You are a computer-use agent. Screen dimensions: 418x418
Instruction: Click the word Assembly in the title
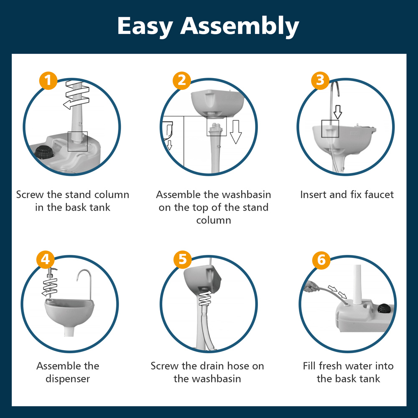(x=240, y=26)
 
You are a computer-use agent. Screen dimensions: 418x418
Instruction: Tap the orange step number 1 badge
(x=48, y=81)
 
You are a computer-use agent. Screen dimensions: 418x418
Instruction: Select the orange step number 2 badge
(x=182, y=81)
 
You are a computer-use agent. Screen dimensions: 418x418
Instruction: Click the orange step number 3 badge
(x=320, y=80)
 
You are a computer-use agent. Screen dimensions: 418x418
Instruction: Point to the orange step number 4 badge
(x=46, y=260)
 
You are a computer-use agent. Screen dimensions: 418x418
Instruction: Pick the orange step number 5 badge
(x=183, y=260)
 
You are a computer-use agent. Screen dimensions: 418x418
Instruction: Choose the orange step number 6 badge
(x=321, y=260)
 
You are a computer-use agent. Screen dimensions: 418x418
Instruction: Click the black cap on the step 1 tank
(x=44, y=152)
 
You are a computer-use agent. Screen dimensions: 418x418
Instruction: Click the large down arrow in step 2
(x=236, y=132)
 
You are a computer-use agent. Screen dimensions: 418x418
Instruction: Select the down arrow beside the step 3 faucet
(x=338, y=112)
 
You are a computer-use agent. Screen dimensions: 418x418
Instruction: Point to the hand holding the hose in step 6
(x=311, y=287)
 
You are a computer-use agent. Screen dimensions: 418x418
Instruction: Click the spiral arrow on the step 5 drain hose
(x=205, y=298)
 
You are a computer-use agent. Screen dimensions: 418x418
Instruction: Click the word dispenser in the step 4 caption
(x=68, y=379)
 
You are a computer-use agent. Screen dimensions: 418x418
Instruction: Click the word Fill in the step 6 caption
(x=309, y=366)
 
